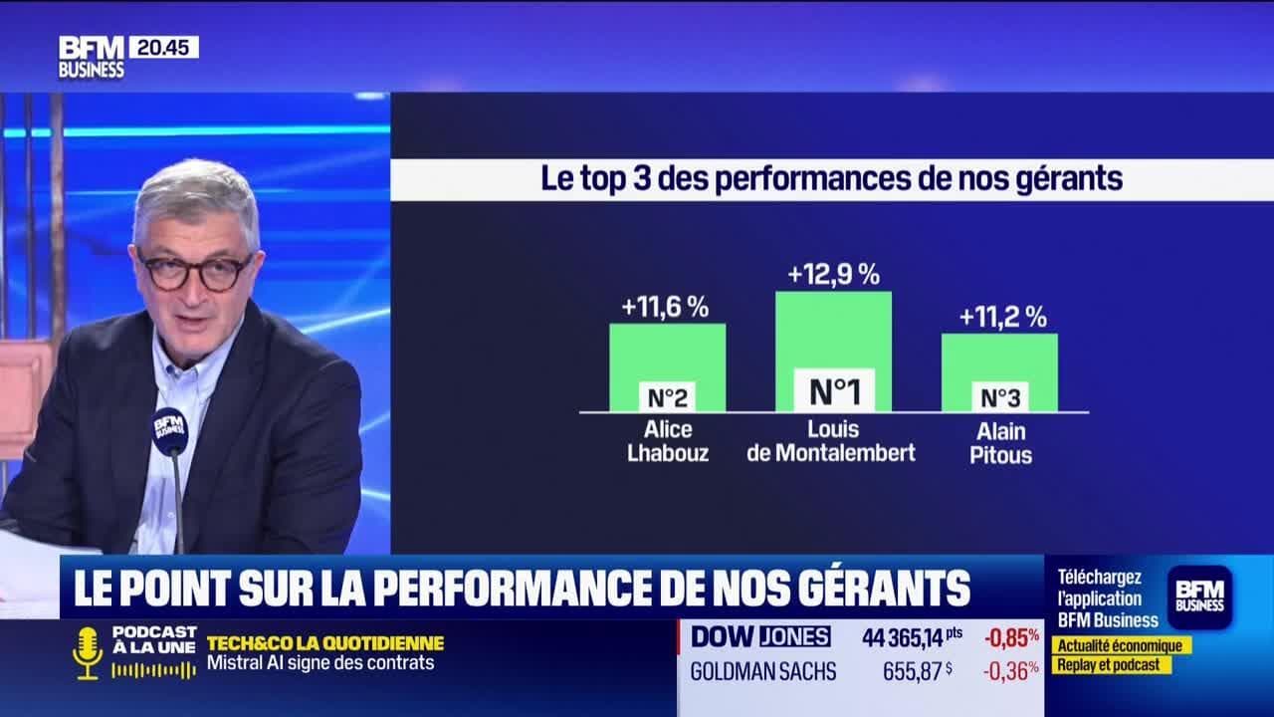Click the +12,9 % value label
tap(833, 275)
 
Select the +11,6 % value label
tap(665, 308)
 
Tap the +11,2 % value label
tap(1002, 318)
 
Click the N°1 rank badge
tap(833, 391)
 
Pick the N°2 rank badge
tap(667, 397)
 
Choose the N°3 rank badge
tap(999, 397)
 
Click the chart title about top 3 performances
tap(831, 179)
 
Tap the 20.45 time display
tap(163, 47)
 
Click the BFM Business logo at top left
tap(92, 57)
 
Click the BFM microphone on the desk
tap(170, 431)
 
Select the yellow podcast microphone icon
tap(88, 653)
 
